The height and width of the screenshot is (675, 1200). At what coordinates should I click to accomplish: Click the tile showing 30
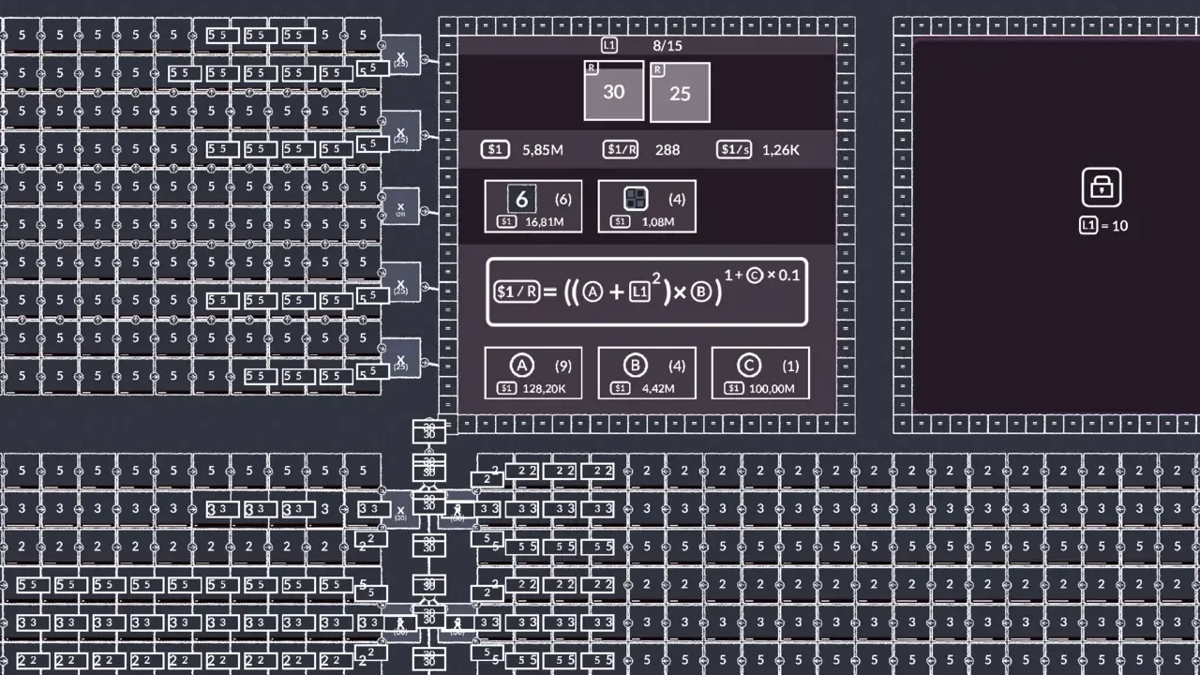pyautogui.click(x=614, y=91)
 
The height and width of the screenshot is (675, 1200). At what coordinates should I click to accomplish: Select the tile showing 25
pyautogui.click(x=680, y=93)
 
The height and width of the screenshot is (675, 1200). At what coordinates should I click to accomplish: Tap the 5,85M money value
pyautogui.click(x=543, y=150)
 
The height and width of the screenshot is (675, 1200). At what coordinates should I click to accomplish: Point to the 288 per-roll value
pyautogui.click(x=667, y=150)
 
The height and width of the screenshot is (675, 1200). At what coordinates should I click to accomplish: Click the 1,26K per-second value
pyautogui.click(x=780, y=150)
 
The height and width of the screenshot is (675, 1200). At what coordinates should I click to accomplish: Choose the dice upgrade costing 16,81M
pyautogui.click(x=532, y=206)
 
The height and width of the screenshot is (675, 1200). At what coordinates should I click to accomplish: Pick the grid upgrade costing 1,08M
pyautogui.click(x=647, y=206)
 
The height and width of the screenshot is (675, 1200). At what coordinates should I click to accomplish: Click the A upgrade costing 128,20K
pyautogui.click(x=532, y=373)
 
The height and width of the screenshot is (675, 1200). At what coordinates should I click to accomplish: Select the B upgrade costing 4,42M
pyautogui.click(x=647, y=373)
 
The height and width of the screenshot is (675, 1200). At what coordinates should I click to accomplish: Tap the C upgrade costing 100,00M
pyautogui.click(x=760, y=373)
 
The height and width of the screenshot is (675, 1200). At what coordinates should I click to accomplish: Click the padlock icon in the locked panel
pyautogui.click(x=1102, y=187)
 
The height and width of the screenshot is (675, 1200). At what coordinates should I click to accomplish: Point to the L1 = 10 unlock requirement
pyautogui.click(x=1103, y=226)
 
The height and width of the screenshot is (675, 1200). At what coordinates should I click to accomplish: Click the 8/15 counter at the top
pyautogui.click(x=667, y=45)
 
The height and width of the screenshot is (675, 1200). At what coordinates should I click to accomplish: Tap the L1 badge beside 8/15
pyautogui.click(x=609, y=45)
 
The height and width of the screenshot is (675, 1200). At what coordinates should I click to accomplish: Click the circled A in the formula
pyautogui.click(x=592, y=292)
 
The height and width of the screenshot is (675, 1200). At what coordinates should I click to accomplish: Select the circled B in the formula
pyautogui.click(x=700, y=292)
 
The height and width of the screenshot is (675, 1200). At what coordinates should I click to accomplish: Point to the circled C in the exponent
pyautogui.click(x=755, y=275)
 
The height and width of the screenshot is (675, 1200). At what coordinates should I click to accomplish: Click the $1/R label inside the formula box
pyautogui.click(x=517, y=292)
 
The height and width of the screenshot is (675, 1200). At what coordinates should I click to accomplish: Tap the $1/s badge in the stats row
pyautogui.click(x=733, y=150)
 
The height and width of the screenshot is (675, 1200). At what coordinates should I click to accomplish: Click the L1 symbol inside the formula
pyautogui.click(x=639, y=292)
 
